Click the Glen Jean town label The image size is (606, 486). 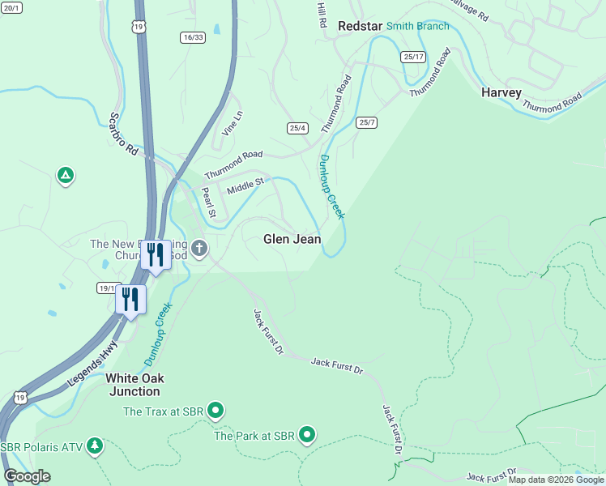pos(292,239)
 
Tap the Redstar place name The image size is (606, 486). pos(359,26)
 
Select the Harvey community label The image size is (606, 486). pos(501,92)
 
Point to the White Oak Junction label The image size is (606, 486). pos(134,385)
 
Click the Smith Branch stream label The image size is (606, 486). pos(417,26)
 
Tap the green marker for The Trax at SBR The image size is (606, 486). pos(216,411)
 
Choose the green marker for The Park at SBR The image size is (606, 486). pos(307,436)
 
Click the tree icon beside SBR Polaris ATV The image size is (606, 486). pos(96,446)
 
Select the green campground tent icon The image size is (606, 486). pos(66,175)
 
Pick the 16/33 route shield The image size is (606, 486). pos(193,37)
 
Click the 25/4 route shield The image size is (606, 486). pos(297,128)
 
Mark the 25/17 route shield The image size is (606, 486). pos(412,57)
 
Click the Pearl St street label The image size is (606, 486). pos(207,202)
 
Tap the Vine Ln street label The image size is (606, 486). pos(232,123)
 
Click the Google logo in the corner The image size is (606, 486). pos(27,476)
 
